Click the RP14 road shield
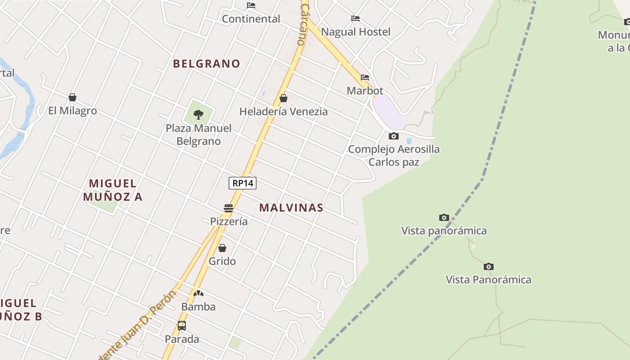(x=243, y=183)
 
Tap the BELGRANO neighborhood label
(x=207, y=63)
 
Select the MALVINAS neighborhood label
(x=291, y=207)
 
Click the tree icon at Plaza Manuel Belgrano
(x=198, y=115)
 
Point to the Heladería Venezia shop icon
(x=283, y=98)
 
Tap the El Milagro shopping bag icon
(x=72, y=97)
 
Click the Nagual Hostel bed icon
(x=355, y=18)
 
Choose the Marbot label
(x=365, y=90)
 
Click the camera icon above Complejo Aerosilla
(x=394, y=136)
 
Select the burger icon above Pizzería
(x=229, y=208)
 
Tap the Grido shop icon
(x=222, y=248)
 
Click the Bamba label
(x=198, y=306)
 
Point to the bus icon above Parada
(x=182, y=326)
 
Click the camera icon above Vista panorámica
(x=444, y=218)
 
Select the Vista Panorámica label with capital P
(x=488, y=279)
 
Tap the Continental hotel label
(x=251, y=19)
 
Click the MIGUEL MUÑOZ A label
(x=112, y=190)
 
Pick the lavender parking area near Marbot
(x=387, y=111)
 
